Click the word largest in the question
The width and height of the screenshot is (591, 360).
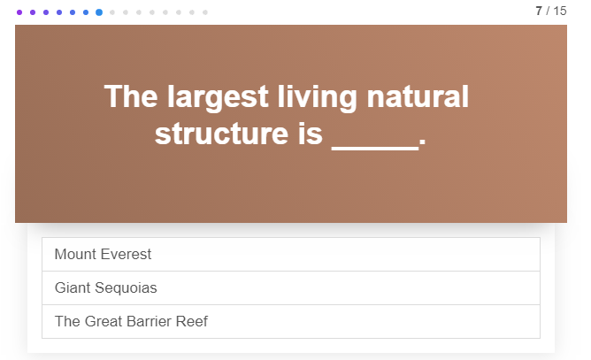(218, 97)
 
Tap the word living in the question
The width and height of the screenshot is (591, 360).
(318, 97)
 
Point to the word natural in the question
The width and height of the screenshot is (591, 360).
(418, 96)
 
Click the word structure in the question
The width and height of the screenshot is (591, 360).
(221, 134)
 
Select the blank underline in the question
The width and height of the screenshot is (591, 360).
(375, 149)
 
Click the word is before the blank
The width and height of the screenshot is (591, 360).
(311, 134)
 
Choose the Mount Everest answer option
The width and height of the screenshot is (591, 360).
(291, 255)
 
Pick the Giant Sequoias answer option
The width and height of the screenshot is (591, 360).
(291, 288)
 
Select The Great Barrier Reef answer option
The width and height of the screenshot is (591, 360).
(291, 322)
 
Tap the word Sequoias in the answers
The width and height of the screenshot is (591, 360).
(126, 288)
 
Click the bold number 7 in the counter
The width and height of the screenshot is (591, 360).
(539, 11)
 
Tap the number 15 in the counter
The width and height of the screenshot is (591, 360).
(560, 11)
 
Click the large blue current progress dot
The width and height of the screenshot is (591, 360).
(99, 12)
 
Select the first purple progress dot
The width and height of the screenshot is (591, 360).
(19, 12)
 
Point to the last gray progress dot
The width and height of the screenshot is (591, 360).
(205, 12)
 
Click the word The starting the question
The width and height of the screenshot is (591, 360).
(131, 96)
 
